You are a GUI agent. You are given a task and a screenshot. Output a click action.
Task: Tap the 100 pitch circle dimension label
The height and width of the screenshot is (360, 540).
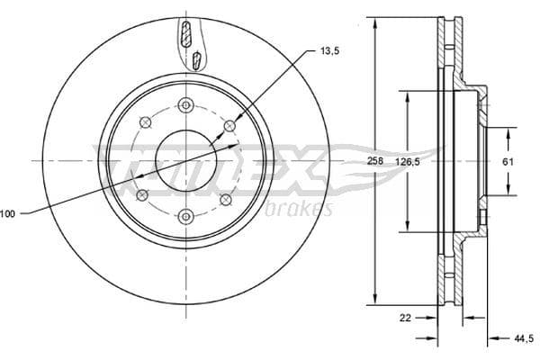(8, 213)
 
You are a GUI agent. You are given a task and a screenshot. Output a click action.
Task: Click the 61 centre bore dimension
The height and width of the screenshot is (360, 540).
(507, 161)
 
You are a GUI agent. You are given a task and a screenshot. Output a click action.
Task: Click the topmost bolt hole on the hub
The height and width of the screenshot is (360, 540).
(185, 103)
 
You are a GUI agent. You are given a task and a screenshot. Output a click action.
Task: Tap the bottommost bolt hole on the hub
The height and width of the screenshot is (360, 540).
(185, 215)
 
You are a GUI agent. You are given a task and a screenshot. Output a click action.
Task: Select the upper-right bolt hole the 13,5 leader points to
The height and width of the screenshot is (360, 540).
(229, 125)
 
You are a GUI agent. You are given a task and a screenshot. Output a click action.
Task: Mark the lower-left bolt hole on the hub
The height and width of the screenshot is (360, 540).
(140, 195)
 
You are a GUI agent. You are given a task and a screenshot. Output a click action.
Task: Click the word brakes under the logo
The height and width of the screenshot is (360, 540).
(300, 210)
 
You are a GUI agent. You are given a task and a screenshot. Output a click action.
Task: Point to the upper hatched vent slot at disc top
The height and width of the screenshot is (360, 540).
(185, 37)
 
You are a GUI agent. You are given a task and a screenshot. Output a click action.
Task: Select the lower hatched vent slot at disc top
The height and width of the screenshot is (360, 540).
(196, 61)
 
